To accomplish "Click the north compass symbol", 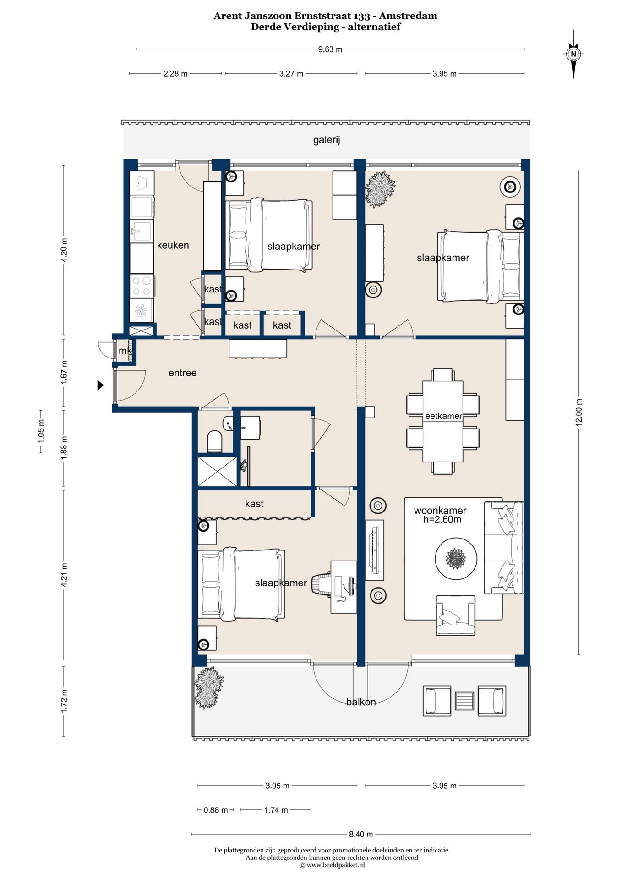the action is (x=573, y=54).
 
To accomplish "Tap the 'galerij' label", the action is (x=327, y=140).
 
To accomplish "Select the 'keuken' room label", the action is (x=173, y=245).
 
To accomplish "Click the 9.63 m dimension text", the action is (x=330, y=49).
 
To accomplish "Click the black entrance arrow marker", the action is (x=100, y=385).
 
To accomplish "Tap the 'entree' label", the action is (x=182, y=373).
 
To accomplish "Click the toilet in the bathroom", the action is (x=214, y=441).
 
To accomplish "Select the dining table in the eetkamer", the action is (x=443, y=421).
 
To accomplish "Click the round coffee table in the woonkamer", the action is (x=456, y=559).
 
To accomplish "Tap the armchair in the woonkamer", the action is (x=455, y=615).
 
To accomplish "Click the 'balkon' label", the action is (x=361, y=702).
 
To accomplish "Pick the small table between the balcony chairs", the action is (x=464, y=701).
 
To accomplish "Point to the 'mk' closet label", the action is (x=125, y=351).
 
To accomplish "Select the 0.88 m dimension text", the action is (x=216, y=810).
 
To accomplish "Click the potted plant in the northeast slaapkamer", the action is (x=380, y=189).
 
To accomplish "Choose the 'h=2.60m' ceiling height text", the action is (x=442, y=519).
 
